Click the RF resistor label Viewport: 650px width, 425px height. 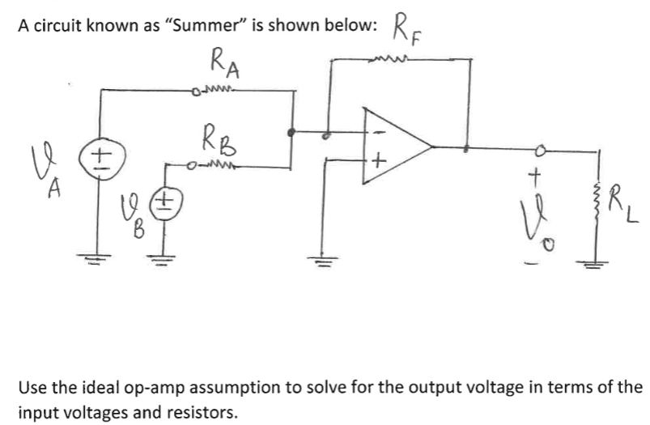click(407, 29)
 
